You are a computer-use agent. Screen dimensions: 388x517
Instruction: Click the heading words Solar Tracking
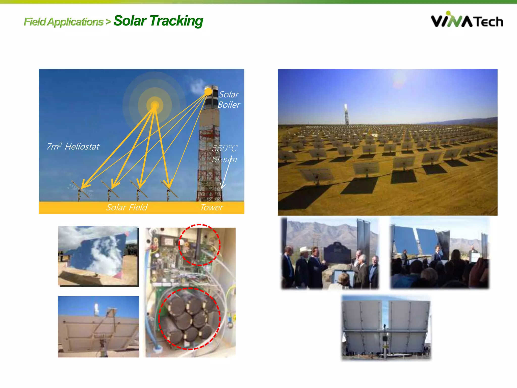158,21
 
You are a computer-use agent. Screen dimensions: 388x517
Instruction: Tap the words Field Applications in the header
64,22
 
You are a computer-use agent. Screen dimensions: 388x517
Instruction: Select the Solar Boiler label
229,100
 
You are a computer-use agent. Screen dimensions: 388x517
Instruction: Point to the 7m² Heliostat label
73,147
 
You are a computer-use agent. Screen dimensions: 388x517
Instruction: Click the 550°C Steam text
224,154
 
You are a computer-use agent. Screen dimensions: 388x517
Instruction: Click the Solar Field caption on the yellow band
127,207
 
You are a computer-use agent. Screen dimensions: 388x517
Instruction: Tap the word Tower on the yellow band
212,207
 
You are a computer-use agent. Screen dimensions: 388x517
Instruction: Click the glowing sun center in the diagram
155,105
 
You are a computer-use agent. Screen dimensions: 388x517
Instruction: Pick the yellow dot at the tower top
208,92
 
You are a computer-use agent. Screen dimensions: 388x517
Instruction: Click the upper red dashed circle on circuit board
199,245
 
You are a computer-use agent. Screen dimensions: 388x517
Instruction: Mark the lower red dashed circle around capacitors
190,319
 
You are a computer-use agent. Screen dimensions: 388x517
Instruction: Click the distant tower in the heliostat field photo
347,115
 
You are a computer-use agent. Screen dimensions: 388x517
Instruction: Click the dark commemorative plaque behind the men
337,253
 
